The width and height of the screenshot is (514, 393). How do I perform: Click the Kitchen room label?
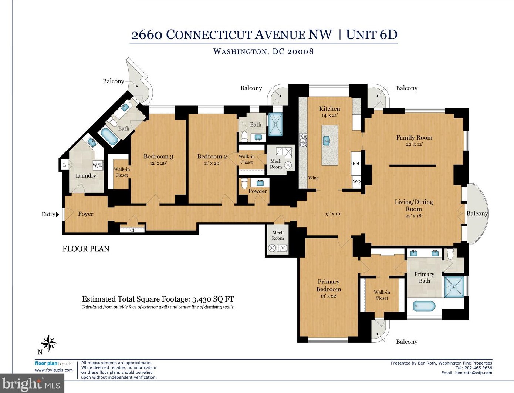329,108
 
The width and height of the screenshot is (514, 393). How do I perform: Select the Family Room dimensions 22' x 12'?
414,144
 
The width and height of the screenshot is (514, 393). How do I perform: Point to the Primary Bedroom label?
328,285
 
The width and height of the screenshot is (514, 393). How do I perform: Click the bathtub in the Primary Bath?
424,306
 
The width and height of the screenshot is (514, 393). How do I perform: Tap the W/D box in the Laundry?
98,165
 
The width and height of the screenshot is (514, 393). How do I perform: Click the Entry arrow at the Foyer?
57,215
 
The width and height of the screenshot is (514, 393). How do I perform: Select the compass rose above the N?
48,343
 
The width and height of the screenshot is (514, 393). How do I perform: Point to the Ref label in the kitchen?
356,164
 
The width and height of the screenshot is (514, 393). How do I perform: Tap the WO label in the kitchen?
356,182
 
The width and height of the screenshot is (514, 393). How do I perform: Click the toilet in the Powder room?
244,184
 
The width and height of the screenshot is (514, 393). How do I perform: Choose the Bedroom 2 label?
212,157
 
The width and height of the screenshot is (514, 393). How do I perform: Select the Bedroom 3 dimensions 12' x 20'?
158,163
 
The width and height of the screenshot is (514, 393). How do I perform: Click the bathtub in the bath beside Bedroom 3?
109,137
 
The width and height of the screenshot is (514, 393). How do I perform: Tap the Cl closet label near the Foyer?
132,230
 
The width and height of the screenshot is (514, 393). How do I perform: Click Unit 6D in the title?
372,35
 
